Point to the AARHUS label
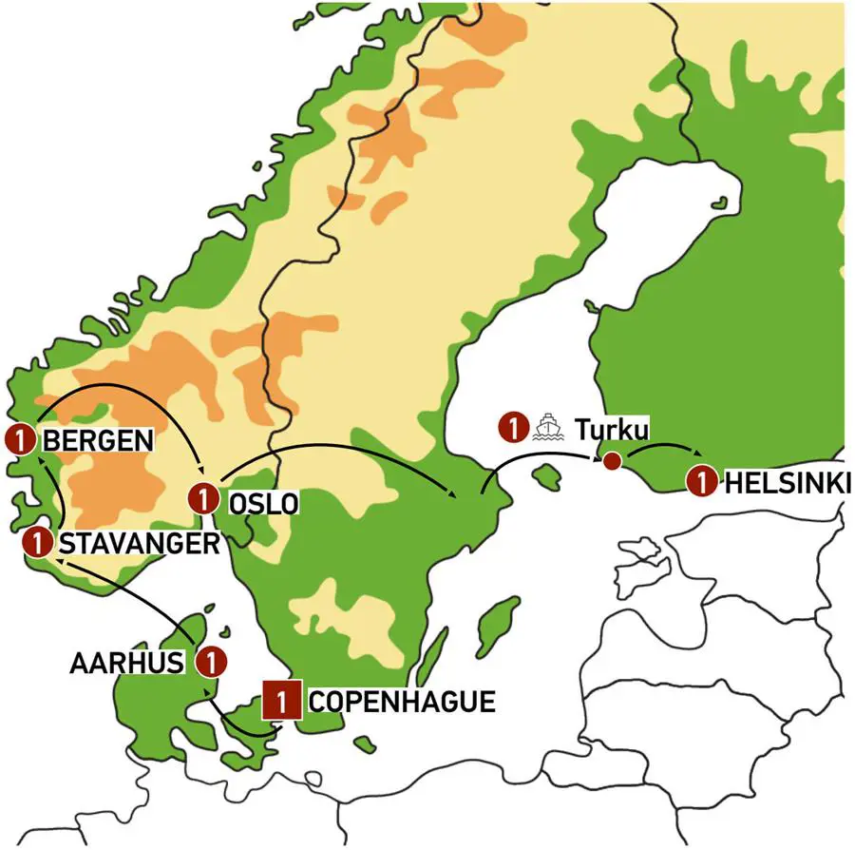click(x=127, y=662)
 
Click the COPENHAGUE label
click(x=403, y=703)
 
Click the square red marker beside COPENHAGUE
click(x=282, y=703)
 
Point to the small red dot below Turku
click(x=613, y=462)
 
